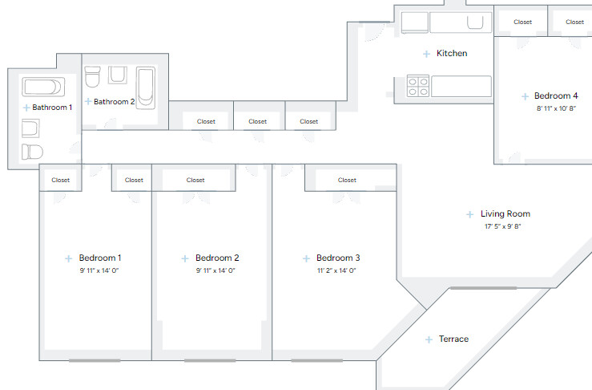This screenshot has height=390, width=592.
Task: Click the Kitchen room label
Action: tap(452, 54)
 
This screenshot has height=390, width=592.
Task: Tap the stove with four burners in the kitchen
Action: tap(418, 86)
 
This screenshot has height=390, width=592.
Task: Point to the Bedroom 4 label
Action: tap(556, 96)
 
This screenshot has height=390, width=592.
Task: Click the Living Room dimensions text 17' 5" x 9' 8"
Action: tap(502, 227)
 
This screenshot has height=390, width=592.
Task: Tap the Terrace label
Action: tap(453, 339)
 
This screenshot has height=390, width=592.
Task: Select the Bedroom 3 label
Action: tap(338, 258)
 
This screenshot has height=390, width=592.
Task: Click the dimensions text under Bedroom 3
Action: tap(336, 271)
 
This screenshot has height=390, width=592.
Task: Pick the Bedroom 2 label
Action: tap(217, 258)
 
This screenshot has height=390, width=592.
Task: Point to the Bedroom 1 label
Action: tap(100, 258)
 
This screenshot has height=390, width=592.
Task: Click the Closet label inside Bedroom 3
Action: tap(347, 181)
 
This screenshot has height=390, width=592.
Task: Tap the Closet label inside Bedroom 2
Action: tap(195, 181)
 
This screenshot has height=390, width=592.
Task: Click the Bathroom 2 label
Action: tap(114, 102)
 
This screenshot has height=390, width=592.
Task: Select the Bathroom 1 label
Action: tap(52, 107)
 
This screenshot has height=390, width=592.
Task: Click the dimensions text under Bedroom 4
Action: tap(556, 108)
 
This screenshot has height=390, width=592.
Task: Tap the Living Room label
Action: tap(505, 214)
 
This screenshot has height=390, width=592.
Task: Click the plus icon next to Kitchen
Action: tap(426, 54)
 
